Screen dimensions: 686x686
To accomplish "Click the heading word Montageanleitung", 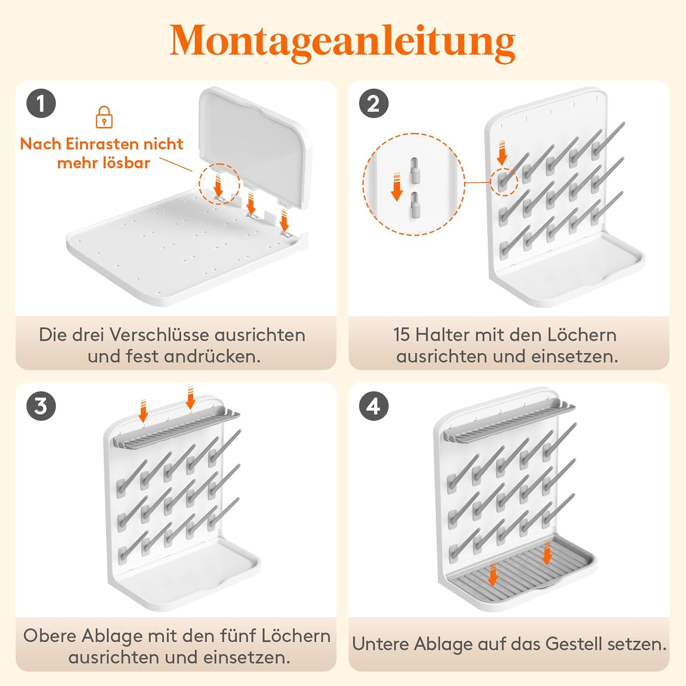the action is [x=342, y=42].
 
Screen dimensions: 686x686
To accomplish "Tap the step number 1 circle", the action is [x=41, y=103].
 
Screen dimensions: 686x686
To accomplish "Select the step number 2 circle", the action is [x=374, y=103].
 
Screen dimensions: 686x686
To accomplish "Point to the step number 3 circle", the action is [x=41, y=406].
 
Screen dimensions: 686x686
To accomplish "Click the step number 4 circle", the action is [x=374, y=406].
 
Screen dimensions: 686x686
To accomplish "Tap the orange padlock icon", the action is [x=104, y=117].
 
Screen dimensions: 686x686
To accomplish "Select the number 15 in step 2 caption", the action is [x=402, y=335].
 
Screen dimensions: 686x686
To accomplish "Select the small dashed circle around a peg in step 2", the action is [x=504, y=182].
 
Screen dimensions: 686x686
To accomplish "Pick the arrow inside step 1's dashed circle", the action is [x=218, y=185].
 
